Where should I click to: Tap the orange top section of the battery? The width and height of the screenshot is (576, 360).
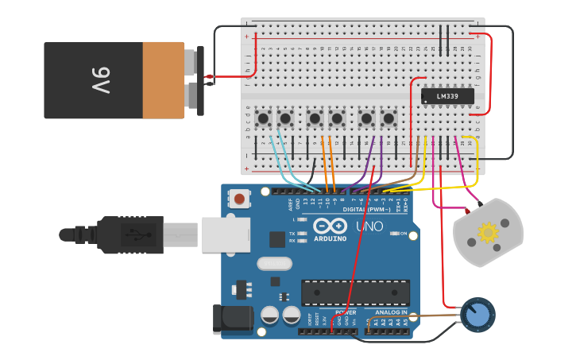point(163,80)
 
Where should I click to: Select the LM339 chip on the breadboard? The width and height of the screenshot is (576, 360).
point(446,97)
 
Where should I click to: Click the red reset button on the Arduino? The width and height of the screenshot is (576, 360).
point(238,198)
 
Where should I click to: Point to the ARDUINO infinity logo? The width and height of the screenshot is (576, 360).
point(330,226)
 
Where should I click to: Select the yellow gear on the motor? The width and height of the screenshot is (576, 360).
point(487,232)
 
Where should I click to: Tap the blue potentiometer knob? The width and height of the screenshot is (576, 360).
point(477,315)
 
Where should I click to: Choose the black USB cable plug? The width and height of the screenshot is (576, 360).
point(131,234)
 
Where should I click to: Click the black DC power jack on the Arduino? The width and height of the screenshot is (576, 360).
point(232,319)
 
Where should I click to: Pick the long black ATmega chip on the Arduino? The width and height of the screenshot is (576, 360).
point(355,292)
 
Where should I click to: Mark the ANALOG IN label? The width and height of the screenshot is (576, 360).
point(391,312)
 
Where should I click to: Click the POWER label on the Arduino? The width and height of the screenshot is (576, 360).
point(346,312)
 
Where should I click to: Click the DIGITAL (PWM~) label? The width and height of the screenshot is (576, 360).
point(367,209)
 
